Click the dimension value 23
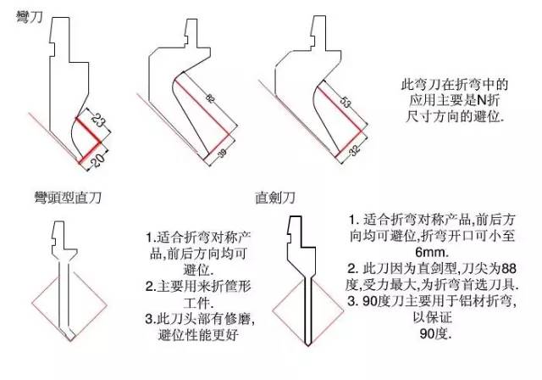coord(98,120)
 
